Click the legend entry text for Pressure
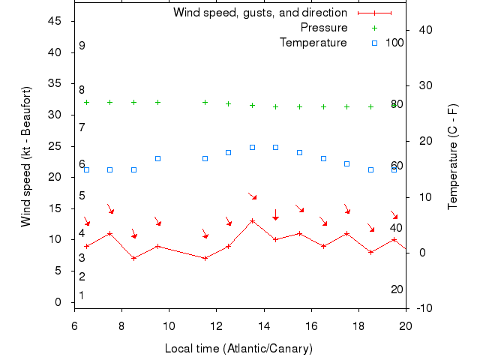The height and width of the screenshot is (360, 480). pos(324,28)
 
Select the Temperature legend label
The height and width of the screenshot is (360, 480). pos(313,43)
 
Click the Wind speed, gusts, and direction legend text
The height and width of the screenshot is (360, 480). pos(260,13)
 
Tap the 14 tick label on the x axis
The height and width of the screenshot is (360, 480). pos(264,325)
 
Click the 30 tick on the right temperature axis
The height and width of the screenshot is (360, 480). pos(422,85)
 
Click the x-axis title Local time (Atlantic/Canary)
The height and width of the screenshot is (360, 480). pos(238,349)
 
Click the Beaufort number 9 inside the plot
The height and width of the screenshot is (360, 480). pos(82,46)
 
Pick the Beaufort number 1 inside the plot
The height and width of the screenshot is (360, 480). pos(82,295)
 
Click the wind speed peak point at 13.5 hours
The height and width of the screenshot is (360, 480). pos(252,221)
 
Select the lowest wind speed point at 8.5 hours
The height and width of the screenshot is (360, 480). pos(133,258)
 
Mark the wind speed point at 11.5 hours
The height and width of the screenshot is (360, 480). pos(205,258)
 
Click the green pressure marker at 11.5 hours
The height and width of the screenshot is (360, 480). pos(205,102)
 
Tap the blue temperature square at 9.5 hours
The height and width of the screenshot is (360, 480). pos(157,158)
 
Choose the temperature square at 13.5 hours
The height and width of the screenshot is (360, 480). pos(252,147)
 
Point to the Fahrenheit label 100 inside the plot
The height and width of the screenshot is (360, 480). pos(394,43)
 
